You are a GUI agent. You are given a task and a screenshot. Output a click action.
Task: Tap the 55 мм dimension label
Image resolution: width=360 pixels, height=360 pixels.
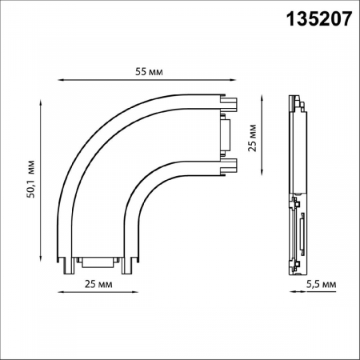(x=149, y=73)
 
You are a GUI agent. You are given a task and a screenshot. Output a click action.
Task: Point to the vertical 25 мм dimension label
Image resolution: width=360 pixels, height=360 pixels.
(x=254, y=137)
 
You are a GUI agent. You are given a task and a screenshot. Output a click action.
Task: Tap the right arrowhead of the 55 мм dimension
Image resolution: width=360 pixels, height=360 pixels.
(x=238, y=81)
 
